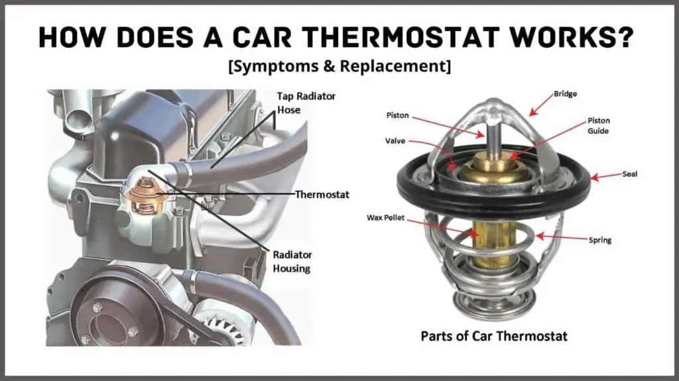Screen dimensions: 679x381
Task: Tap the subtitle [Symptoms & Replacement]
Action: (339, 66)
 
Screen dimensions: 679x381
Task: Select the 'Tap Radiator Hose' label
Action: (306, 103)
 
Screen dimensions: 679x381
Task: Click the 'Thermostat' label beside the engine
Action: (322, 194)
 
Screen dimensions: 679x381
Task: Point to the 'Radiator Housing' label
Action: (292, 262)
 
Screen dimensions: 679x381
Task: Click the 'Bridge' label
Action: (565, 93)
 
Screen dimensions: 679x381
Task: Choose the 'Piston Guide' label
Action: (599, 125)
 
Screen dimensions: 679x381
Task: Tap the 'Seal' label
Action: (630, 174)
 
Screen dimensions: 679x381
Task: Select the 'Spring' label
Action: (599, 240)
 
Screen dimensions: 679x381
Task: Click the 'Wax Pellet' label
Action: (385, 217)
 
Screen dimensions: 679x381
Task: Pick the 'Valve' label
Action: (395, 140)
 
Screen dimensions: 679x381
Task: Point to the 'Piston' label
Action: (398, 115)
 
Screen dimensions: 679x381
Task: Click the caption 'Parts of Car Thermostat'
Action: (494, 336)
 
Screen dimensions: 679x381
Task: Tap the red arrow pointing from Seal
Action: (606, 176)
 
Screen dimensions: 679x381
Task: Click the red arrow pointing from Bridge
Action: (541, 105)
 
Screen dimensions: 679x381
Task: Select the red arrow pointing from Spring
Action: (562, 238)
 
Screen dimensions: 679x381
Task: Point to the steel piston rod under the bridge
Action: (493, 136)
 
